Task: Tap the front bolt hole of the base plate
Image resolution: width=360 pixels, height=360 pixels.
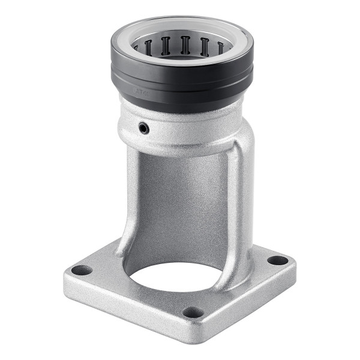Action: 193,312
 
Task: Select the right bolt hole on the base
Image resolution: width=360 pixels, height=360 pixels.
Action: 277,260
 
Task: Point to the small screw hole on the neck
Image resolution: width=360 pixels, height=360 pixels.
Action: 143,128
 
